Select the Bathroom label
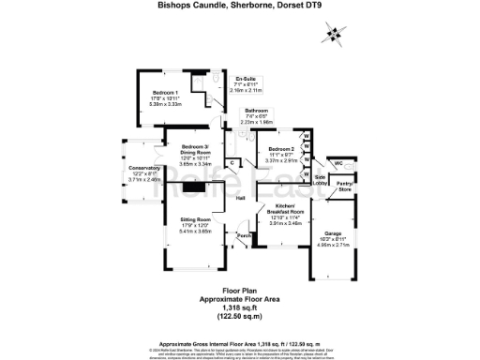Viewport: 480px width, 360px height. click(255, 112)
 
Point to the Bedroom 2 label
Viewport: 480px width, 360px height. click(281, 149)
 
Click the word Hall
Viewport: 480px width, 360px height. click(240, 199)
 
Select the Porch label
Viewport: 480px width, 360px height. click(243, 234)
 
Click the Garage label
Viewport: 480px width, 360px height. click(333, 232)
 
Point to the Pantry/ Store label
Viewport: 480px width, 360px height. click(345, 187)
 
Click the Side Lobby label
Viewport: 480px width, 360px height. click(320, 180)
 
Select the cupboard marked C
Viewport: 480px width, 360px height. click(231, 163)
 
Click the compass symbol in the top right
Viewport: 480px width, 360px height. click(330, 35)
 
